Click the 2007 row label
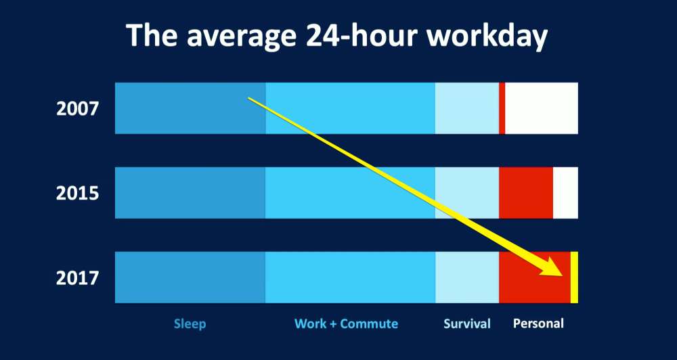click(78, 109)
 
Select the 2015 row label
click(78, 194)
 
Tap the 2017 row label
click(78, 278)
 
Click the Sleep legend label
click(190, 324)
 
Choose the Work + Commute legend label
click(346, 323)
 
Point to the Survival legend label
click(467, 323)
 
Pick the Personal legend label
click(538, 323)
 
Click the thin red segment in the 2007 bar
click(502, 108)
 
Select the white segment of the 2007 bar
click(542, 108)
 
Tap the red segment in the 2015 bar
click(526, 192)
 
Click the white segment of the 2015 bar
click(565, 192)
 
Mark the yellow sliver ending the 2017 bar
click(574, 277)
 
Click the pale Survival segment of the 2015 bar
click(467, 192)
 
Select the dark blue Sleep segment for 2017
click(190, 277)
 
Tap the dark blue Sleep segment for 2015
click(190, 192)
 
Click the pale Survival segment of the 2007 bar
click(467, 108)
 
